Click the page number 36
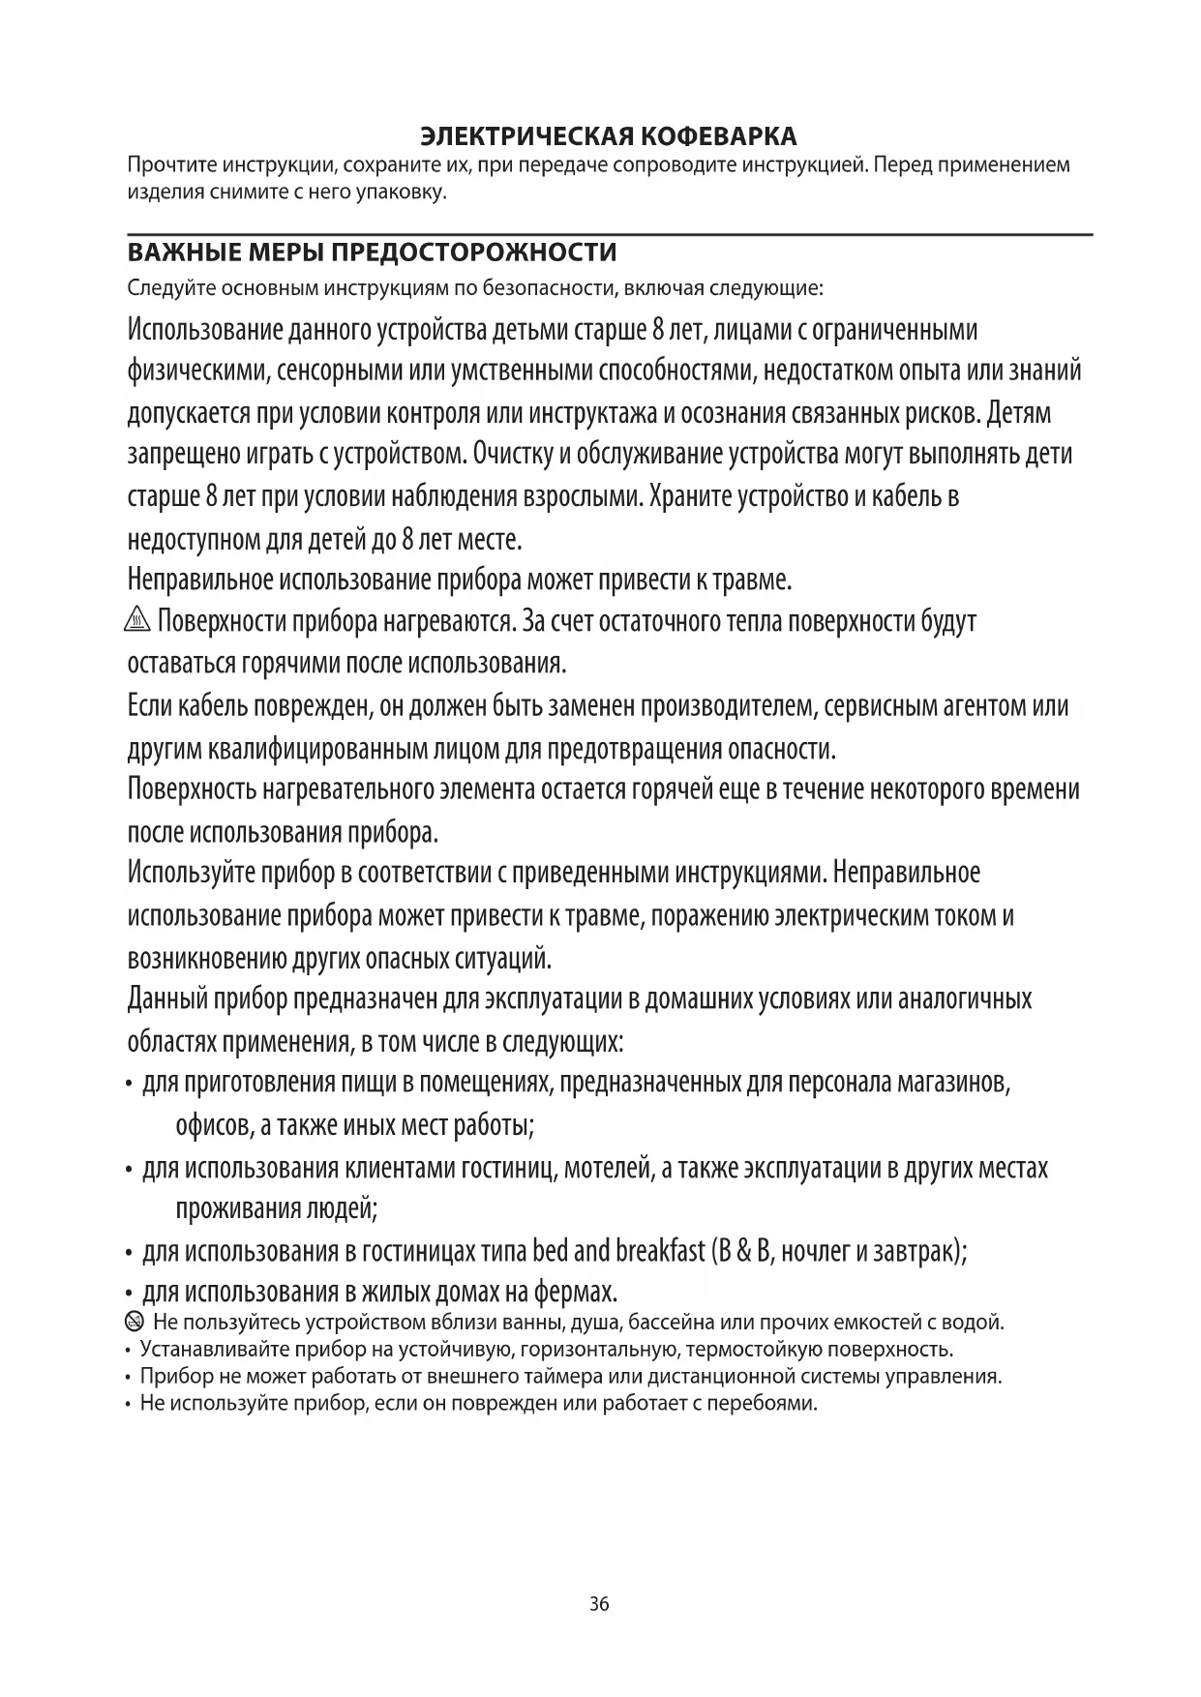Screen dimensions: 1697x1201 pos(599,1604)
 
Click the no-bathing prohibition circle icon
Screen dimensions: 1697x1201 pos(135,1322)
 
